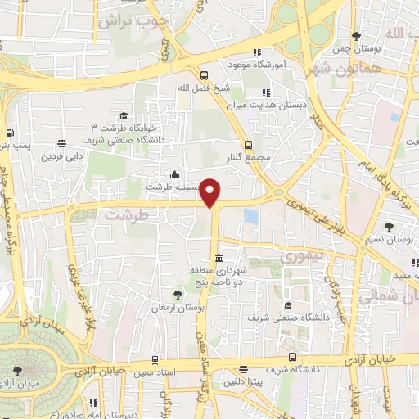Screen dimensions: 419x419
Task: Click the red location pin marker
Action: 210,193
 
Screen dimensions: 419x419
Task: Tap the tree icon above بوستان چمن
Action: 355,36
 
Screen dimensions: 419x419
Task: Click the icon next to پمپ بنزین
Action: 10,133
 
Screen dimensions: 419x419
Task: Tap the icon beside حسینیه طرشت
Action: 173,174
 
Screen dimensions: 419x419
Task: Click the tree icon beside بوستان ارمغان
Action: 178,293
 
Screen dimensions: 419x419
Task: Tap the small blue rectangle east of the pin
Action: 250,217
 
